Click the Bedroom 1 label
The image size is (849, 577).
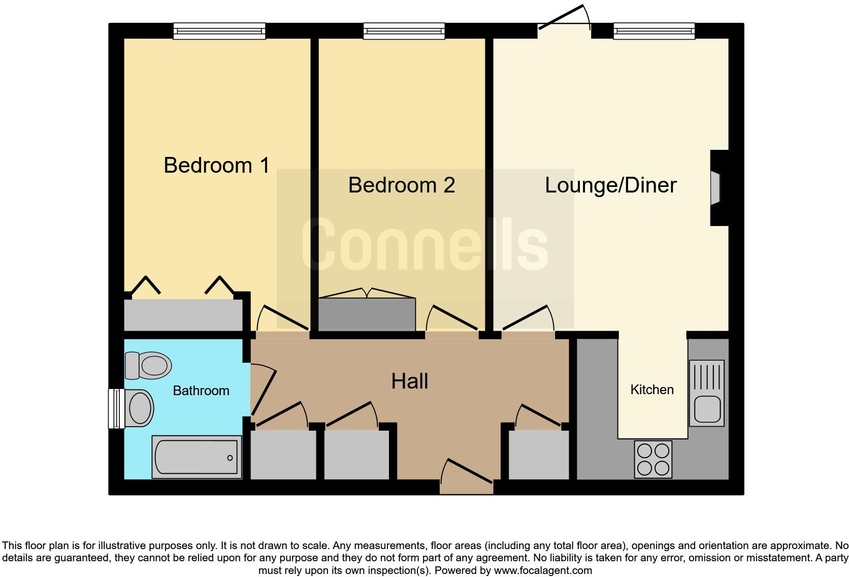[x=216, y=166]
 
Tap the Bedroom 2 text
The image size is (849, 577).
[x=401, y=185]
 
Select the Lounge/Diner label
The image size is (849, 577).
[x=610, y=185]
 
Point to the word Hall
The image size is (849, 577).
[x=409, y=381]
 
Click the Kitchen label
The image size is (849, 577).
[x=652, y=390]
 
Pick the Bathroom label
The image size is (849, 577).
[x=201, y=391]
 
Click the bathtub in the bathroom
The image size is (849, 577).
[x=197, y=457]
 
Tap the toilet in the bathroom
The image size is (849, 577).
[x=149, y=365]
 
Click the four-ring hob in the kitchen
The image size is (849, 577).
[x=653, y=459]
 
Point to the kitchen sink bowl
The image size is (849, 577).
[x=707, y=409]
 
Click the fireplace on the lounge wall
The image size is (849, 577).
[x=716, y=188]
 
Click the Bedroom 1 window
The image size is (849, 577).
[x=219, y=31]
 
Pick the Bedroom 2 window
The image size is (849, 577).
[x=404, y=31]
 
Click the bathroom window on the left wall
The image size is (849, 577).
[x=116, y=408]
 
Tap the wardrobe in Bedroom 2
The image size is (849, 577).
[x=367, y=314]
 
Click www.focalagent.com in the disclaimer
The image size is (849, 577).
[x=542, y=570]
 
